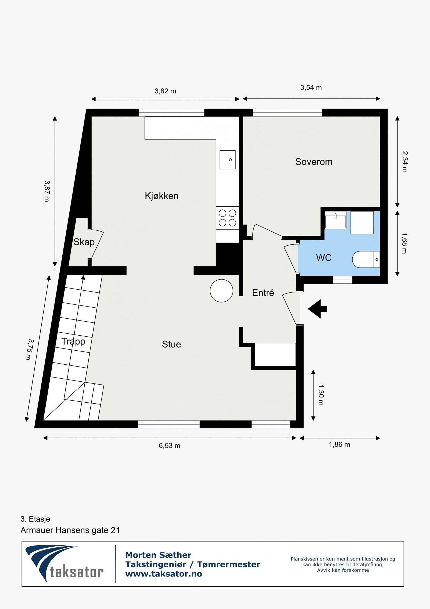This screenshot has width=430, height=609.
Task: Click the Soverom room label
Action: point(314,162)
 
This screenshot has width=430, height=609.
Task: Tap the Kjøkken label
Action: point(162,196)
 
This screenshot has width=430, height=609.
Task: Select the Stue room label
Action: point(171,344)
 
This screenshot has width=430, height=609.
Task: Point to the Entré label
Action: point(263,293)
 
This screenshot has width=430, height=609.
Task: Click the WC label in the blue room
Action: point(324,258)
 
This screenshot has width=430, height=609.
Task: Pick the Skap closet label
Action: point(84,242)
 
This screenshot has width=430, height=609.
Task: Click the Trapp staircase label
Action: point(73,341)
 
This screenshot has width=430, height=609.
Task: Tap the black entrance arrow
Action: point(317,309)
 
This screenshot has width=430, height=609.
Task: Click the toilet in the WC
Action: point(365,259)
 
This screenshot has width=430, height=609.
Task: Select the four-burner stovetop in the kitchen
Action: point(227,218)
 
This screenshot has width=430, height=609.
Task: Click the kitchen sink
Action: point(227,160)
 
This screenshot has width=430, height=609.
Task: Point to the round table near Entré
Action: point(221,291)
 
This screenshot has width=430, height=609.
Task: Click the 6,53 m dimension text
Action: point(169,446)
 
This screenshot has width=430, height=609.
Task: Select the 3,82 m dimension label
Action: point(165,91)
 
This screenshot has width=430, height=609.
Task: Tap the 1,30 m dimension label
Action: point(321,395)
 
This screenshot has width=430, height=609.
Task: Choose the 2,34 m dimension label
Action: point(404,161)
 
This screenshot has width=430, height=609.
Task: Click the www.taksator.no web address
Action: point(163,574)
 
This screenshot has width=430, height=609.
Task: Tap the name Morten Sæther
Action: point(158,555)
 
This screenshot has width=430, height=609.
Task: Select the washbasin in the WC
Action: point(335,220)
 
